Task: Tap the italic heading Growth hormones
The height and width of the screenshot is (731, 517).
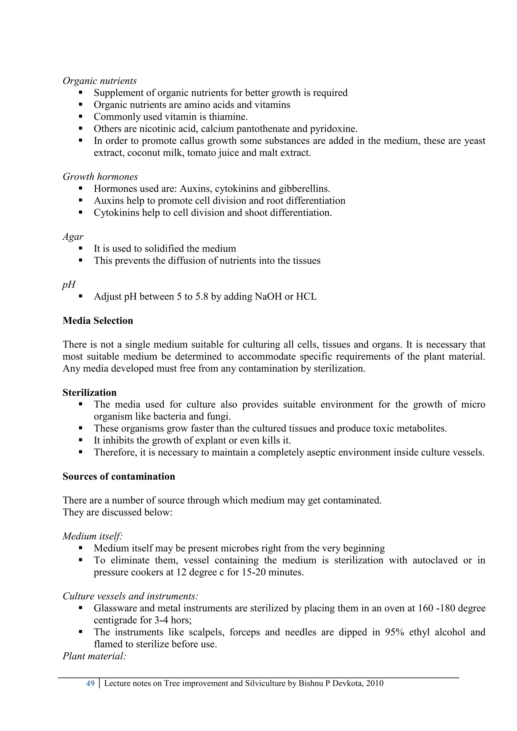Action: click(100, 177)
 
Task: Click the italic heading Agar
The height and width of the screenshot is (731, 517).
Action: click(73, 237)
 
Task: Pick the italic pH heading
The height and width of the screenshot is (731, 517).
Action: click(69, 284)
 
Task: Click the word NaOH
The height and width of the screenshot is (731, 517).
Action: click(268, 297)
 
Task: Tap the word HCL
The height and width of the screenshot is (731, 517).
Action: click(306, 297)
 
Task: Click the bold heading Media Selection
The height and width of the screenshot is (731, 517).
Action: click(98, 321)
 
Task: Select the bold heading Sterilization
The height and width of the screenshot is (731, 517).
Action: click(89, 393)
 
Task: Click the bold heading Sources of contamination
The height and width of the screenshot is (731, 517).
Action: click(119, 477)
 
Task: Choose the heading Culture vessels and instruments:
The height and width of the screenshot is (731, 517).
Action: click(131, 596)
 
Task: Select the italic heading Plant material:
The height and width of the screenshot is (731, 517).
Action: click(94, 656)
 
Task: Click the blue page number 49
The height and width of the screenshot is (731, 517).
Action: click(90, 684)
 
